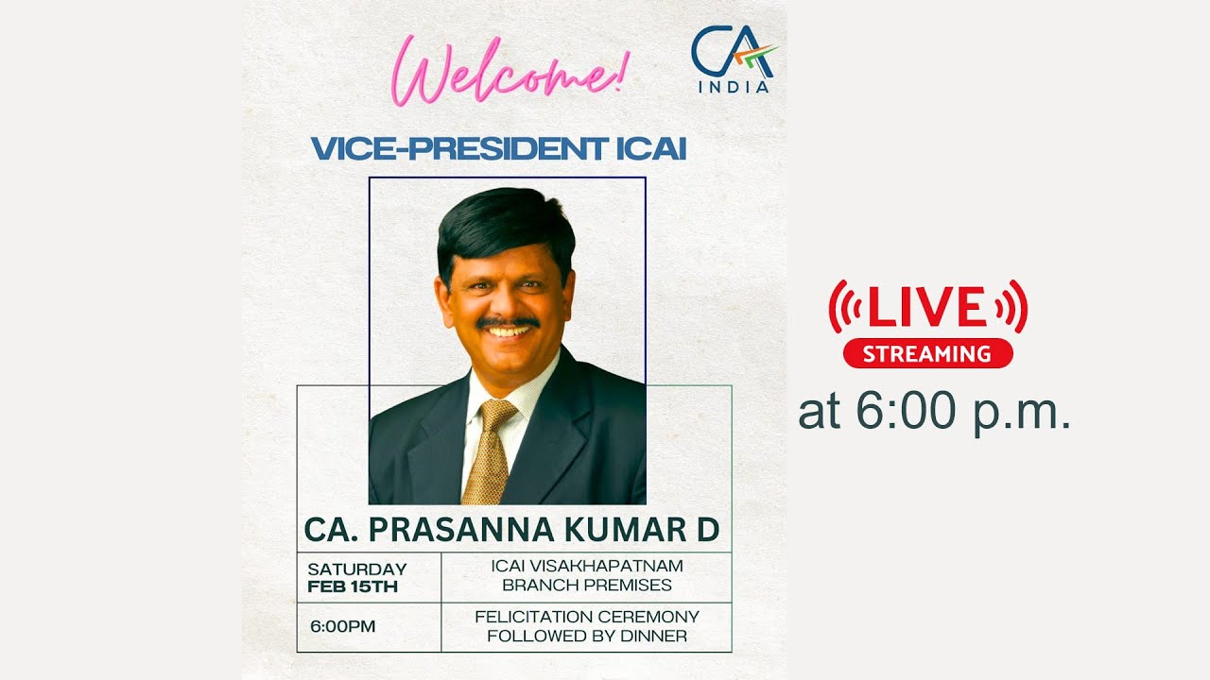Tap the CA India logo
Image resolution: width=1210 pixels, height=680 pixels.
coord(734,57)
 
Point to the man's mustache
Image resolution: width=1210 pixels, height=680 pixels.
coord(508,323)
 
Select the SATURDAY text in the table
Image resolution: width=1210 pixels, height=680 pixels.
coord(356,569)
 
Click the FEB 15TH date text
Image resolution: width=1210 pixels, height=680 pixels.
coord(353,586)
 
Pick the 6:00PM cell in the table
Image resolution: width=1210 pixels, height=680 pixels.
coord(342,626)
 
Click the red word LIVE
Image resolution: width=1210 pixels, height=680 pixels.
coord(927,308)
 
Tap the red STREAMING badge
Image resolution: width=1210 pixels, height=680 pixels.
coord(927,354)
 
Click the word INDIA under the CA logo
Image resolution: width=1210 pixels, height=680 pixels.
coord(734,87)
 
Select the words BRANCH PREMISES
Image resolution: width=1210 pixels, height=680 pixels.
coord(587,585)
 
